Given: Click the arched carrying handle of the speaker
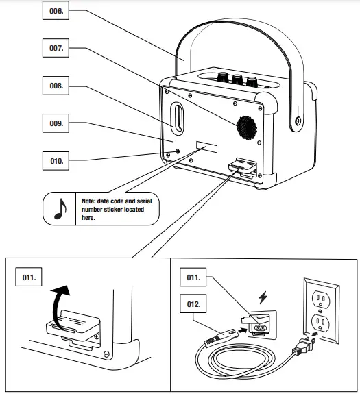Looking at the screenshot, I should (x=233, y=34).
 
